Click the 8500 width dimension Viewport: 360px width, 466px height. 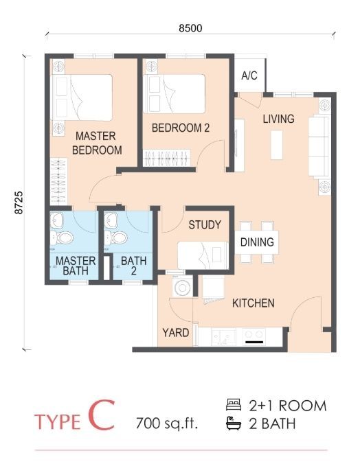[x=190, y=28]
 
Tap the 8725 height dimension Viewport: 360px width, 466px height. [x=19, y=202]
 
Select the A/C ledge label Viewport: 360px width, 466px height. [x=249, y=75]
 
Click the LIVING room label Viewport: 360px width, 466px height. [x=278, y=119]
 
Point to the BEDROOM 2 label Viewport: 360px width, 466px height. [x=181, y=128]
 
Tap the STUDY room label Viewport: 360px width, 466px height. [x=205, y=224]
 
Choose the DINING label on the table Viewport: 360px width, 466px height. [x=257, y=242]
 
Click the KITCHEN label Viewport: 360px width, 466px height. [x=254, y=303]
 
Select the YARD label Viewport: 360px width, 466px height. [x=176, y=333]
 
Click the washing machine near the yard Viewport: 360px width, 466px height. [x=182, y=287]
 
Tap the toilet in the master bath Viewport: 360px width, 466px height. [x=62, y=237]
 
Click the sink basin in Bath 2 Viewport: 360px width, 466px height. [x=111, y=220]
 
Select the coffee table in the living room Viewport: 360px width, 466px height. [x=277, y=145]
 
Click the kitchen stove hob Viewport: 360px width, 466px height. [x=254, y=336]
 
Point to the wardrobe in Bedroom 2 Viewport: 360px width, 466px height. [x=166, y=158]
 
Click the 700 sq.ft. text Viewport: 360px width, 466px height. [x=167, y=423]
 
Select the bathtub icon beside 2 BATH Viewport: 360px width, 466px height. [x=234, y=423]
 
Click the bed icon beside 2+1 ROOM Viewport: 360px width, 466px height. [x=234, y=405]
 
